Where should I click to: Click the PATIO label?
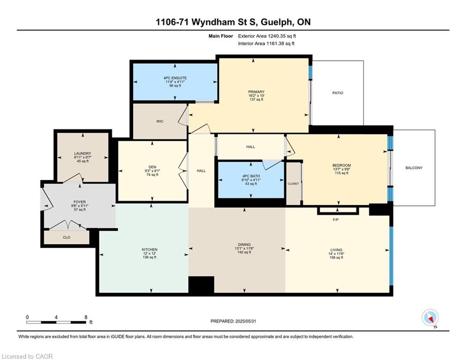[338, 93]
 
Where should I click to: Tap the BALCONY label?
[414, 168]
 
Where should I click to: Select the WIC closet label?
[160, 121]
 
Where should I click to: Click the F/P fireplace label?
[335, 220]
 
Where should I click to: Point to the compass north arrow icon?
[430, 318]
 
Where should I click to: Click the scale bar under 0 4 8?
[56, 322]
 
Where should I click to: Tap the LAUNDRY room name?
[82, 154]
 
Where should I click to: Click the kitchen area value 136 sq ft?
[149, 257]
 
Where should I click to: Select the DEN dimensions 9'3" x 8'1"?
[153, 171]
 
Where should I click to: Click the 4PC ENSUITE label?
[175, 78]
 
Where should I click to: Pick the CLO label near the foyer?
[67, 237]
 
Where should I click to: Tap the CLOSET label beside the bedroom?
[293, 184]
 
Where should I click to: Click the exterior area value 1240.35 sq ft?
[282, 36]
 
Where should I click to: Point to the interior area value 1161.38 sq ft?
[281, 44]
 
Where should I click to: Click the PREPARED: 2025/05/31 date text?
[233, 321]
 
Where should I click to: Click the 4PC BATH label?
[251, 176]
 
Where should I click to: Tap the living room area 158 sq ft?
[336, 258]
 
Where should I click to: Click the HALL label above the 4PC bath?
[251, 147]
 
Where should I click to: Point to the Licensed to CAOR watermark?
[27, 356]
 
